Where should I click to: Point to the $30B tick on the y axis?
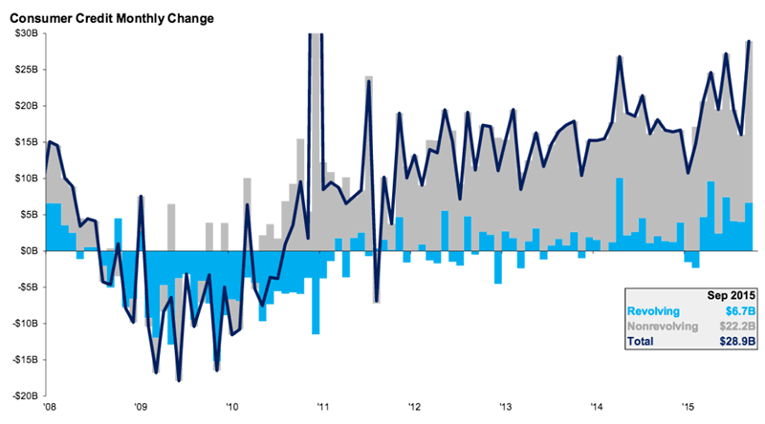pyautogui.click(x=25, y=33)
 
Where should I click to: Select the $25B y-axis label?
pyautogui.click(x=25, y=70)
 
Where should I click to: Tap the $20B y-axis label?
pyautogui.click(x=25, y=106)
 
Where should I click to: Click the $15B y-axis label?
pyautogui.click(x=25, y=142)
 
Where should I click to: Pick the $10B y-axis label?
pyautogui.click(x=25, y=179)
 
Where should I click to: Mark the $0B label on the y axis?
pyautogui.click(x=27, y=250)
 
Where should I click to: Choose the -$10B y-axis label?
pyautogui.click(x=23, y=323)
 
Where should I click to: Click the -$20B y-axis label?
pyautogui.click(x=23, y=395)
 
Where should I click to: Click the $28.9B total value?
pyautogui.click(x=736, y=341)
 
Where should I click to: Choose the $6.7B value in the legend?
pyautogui.click(x=739, y=310)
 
